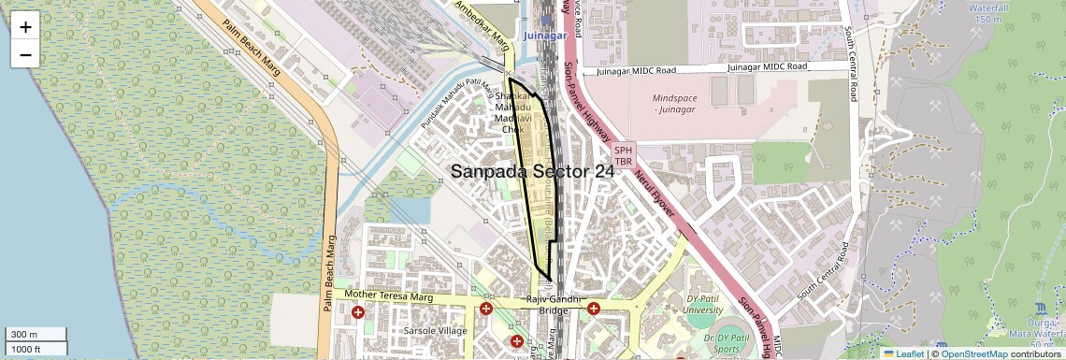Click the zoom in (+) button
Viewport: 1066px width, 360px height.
tap(25, 26)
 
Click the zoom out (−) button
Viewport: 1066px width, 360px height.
tap(25, 54)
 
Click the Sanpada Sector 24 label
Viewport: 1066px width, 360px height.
tap(533, 172)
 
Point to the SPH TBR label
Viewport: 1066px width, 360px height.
tap(624, 155)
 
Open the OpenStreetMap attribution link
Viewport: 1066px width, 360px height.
tap(973, 353)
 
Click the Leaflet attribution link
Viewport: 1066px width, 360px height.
tap(903, 353)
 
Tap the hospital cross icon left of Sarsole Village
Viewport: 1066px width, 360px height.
tap(359, 311)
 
